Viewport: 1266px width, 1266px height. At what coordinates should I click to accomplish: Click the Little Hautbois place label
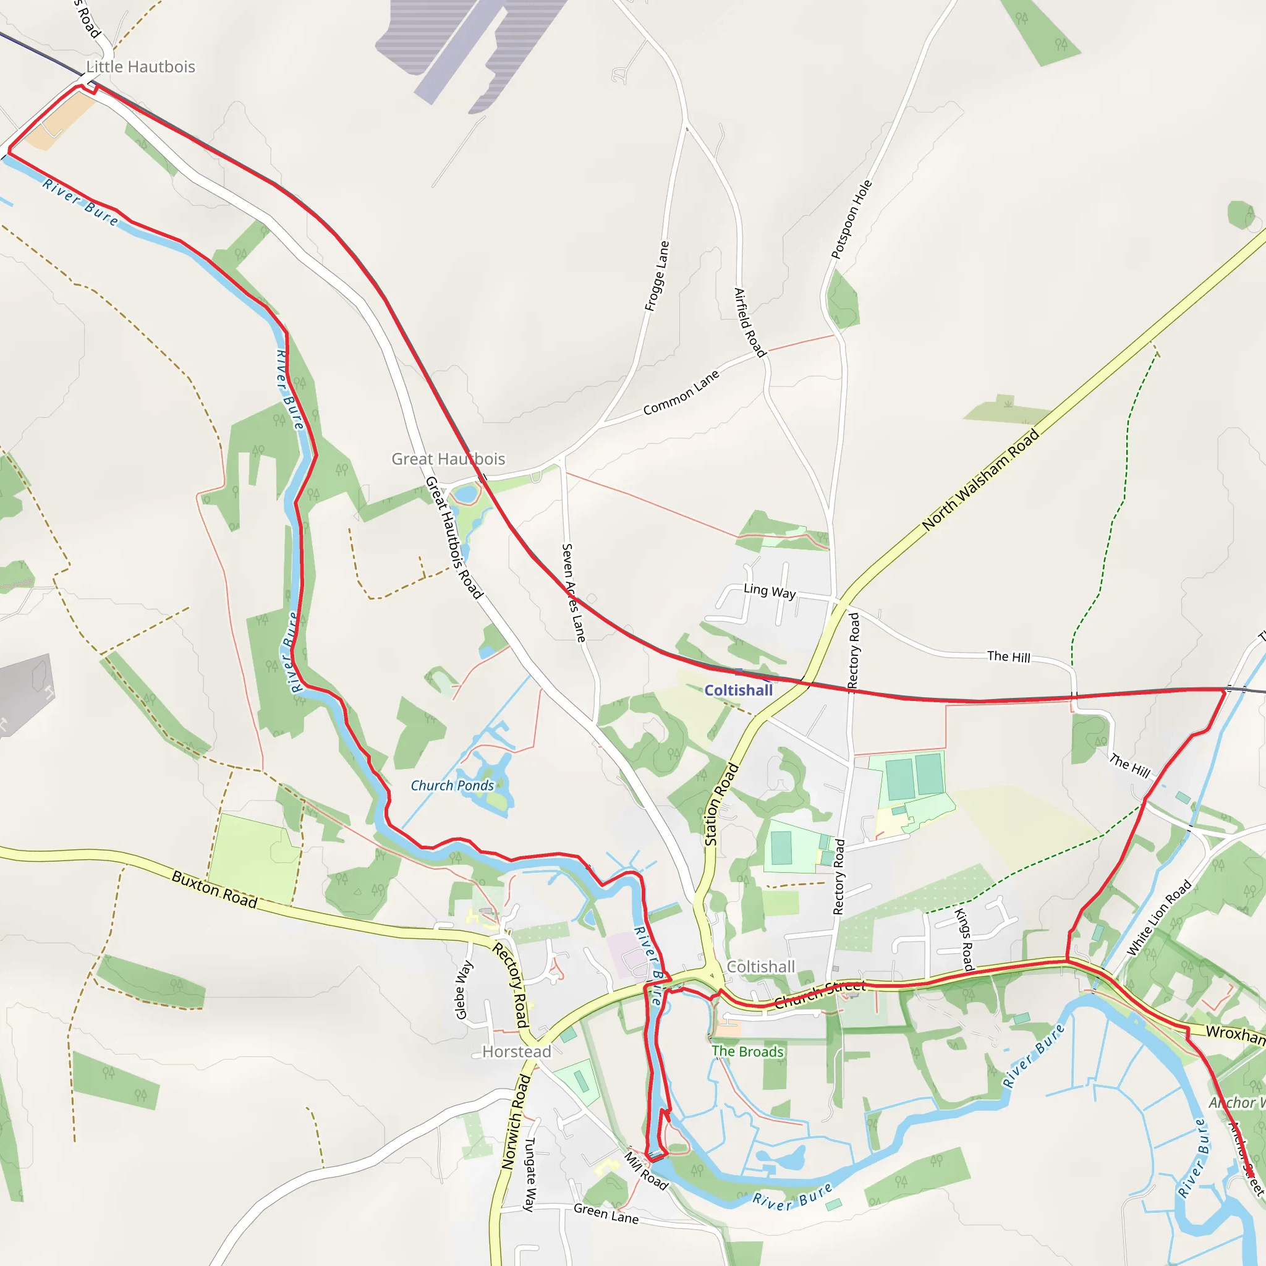pyautogui.click(x=141, y=67)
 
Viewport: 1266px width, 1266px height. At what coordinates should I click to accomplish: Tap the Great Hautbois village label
pyautogui.click(x=448, y=459)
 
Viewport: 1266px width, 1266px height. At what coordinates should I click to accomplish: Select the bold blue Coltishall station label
pyautogui.click(x=739, y=690)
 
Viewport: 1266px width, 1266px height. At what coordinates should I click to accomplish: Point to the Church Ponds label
pyautogui.click(x=452, y=786)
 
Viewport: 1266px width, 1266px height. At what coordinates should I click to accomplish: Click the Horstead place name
pyautogui.click(x=516, y=1051)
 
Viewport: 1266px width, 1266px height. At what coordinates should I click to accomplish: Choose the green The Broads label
pyautogui.click(x=748, y=1051)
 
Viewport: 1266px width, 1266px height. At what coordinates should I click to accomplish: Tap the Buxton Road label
pyautogui.click(x=215, y=889)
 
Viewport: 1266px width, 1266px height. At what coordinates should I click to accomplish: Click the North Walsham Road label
pyautogui.click(x=980, y=480)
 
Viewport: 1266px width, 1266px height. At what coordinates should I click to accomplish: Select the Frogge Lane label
pyautogui.click(x=656, y=276)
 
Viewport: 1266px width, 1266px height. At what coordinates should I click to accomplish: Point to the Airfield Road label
pyautogui.click(x=750, y=323)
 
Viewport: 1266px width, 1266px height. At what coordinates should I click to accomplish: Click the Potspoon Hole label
pyautogui.click(x=851, y=219)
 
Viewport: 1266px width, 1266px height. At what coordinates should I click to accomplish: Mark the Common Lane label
pyautogui.click(x=681, y=393)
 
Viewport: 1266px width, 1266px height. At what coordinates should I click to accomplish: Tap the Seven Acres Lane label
pyautogui.click(x=574, y=592)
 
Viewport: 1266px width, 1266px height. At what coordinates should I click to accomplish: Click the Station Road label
pyautogui.click(x=721, y=804)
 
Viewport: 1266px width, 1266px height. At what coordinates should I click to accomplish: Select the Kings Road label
pyautogui.click(x=963, y=939)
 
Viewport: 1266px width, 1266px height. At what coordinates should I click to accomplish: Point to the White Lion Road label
pyautogui.click(x=1158, y=918)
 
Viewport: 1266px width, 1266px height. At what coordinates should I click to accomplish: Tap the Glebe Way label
pyautogui.click(x=463, y=990)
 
